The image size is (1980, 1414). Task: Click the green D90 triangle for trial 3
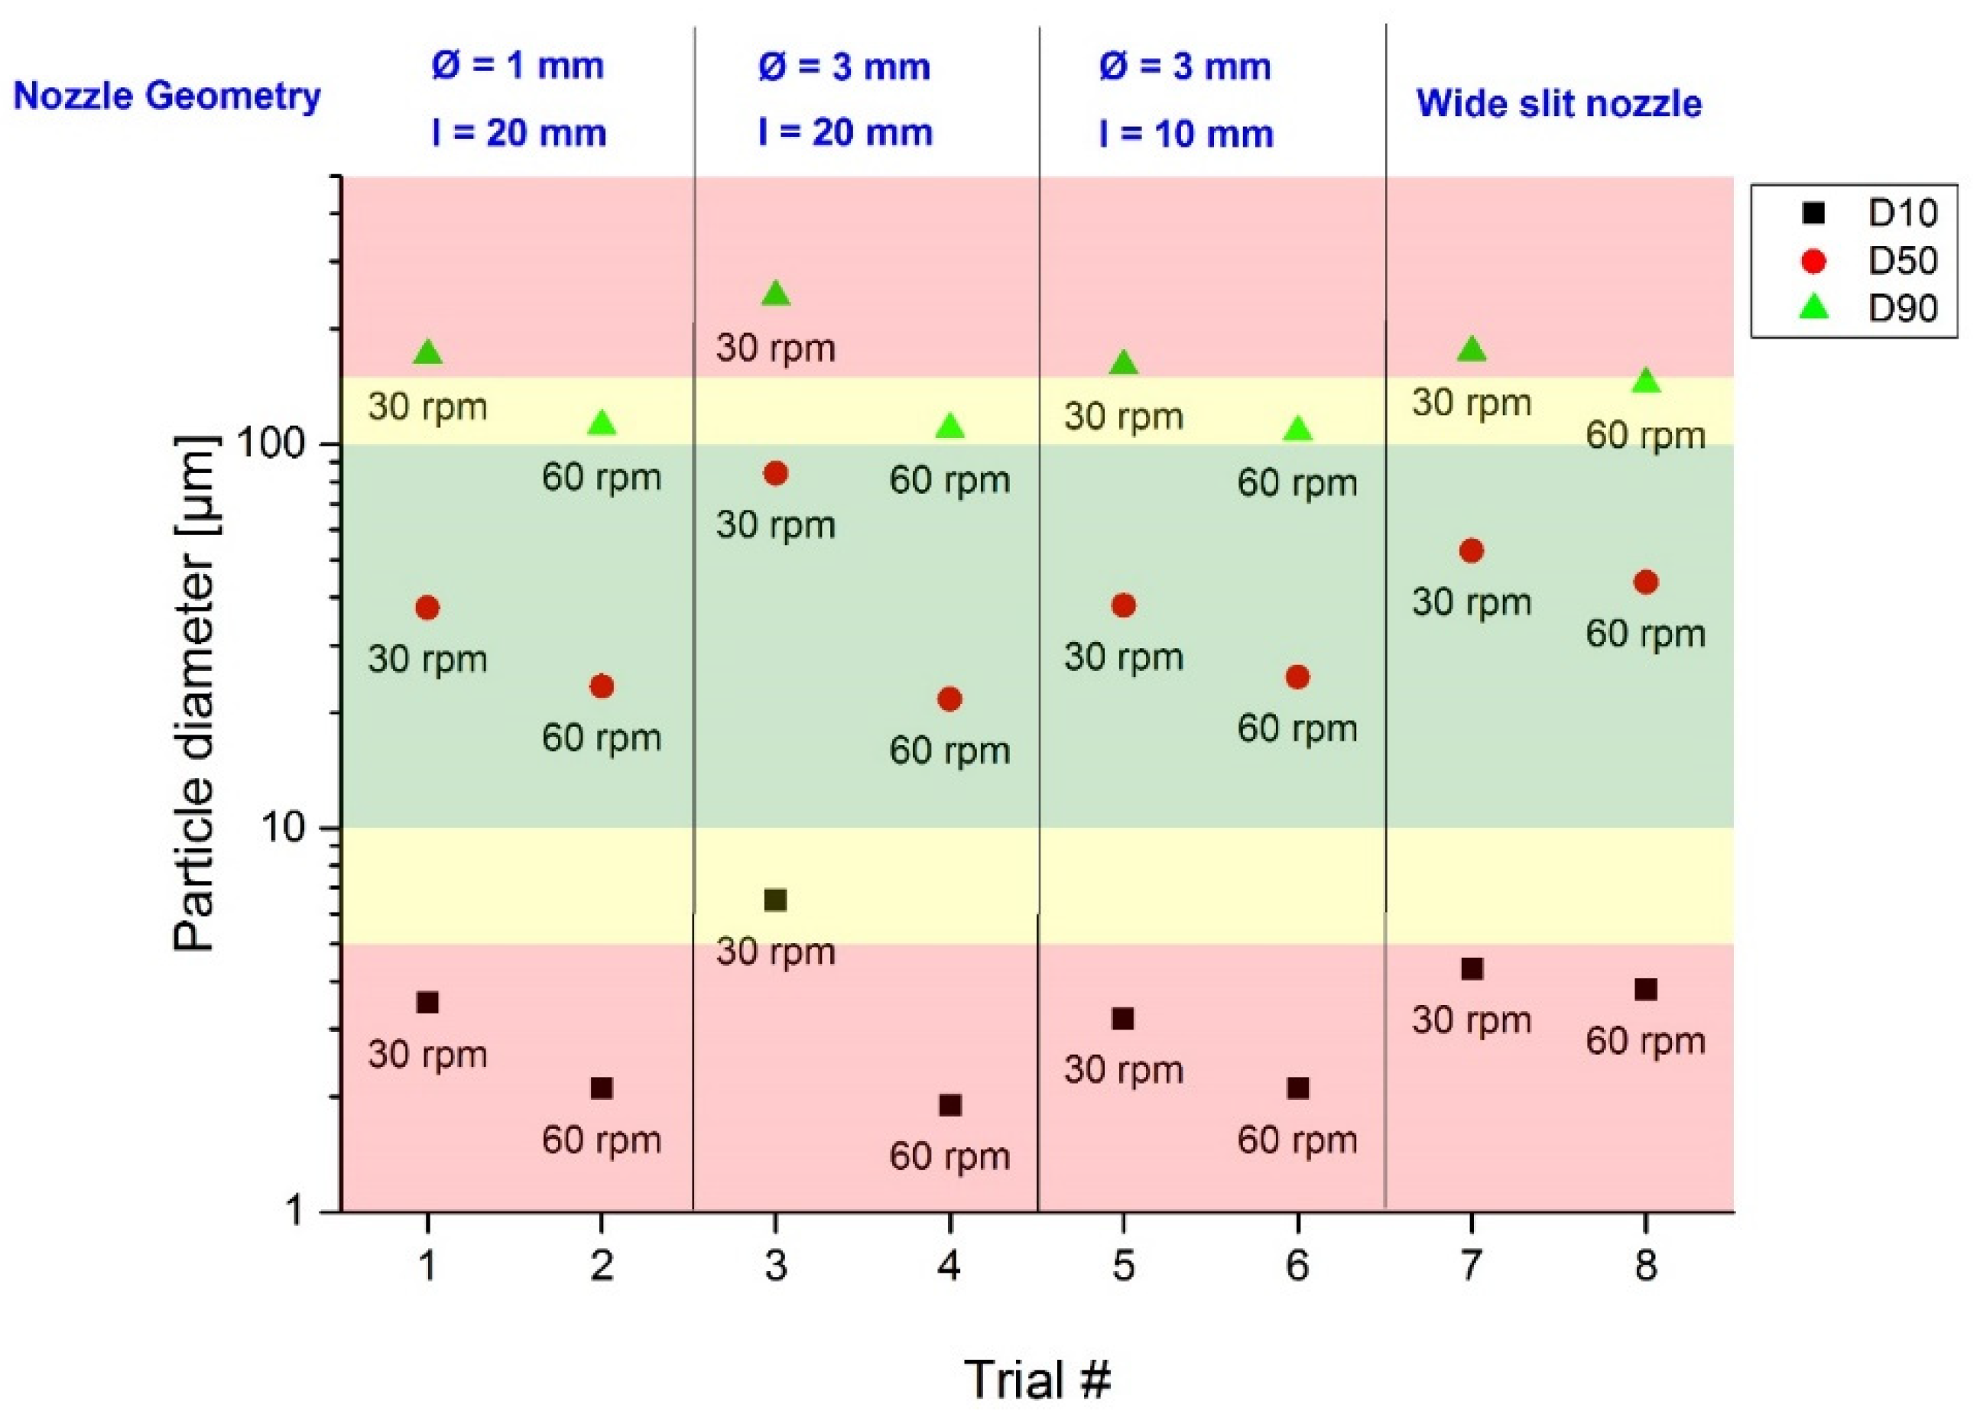click(776, 295)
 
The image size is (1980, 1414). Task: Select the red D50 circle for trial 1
click(427, 608)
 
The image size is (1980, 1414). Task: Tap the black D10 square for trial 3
click(775, 900)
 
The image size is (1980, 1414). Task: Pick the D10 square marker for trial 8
click(1644, 989)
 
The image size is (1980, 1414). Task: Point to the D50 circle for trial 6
click(1297, 676)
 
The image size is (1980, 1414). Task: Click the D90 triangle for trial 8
click(1644, 381)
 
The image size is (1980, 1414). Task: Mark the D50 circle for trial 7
click(1471, 550)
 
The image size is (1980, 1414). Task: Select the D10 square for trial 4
click(950, 1105)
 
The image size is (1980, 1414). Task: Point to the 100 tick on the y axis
click(271, 444)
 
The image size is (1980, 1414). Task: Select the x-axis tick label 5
click(1123, 1265)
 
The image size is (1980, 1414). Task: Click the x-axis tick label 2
click(602, 1265)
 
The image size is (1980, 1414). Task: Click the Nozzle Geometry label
click(167, 96)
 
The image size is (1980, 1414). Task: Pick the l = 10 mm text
click(1186, 134)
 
